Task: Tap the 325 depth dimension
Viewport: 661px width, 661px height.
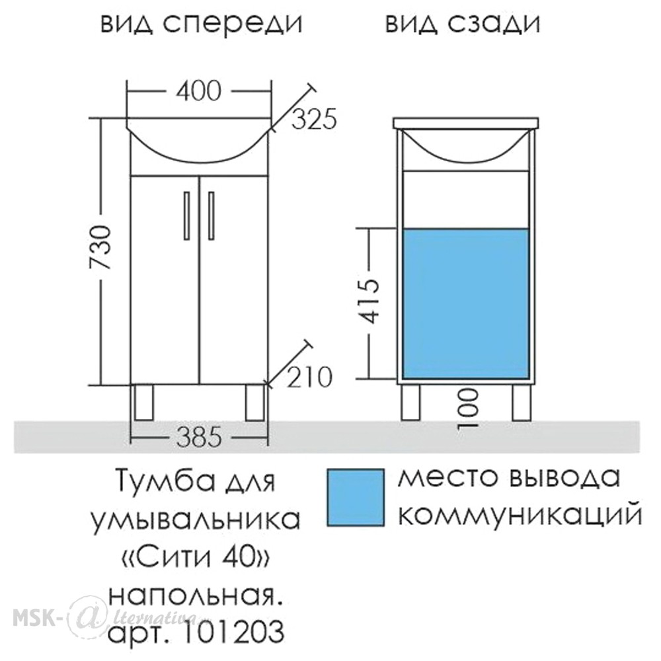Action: pos(315,119)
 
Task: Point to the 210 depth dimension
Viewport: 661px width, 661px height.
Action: pos(310,377)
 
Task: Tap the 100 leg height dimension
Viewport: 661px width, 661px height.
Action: pos(469,408)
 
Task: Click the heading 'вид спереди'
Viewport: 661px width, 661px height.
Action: pos(202,24)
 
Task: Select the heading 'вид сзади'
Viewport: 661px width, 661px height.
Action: pos(463,24)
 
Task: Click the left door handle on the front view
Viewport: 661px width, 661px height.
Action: pos(187,216)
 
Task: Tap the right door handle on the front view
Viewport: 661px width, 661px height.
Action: pos(212,216)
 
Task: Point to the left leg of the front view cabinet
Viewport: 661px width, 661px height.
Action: pos(144,403)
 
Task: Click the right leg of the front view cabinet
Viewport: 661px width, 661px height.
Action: pos(254,403)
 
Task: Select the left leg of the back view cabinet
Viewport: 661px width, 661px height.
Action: pos(410,403)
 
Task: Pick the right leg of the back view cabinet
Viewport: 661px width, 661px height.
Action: pos(521,403)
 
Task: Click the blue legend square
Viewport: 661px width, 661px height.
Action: pos(356,498)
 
